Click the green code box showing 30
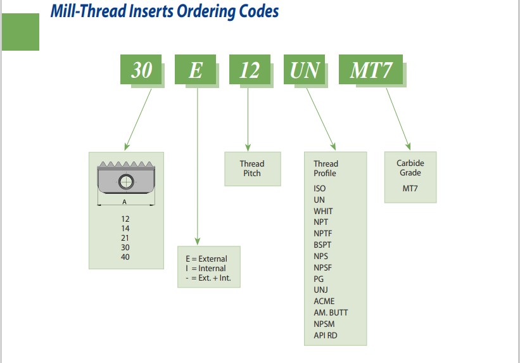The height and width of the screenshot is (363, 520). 141,69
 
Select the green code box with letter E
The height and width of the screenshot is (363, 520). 195,69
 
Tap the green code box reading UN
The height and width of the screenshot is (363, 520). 304,69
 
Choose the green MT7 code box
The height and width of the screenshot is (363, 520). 371,69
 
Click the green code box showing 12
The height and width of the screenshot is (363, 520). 250,69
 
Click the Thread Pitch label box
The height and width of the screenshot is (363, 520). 253,169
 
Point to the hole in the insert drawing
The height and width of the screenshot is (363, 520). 126,182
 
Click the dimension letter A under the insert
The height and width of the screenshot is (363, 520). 124,201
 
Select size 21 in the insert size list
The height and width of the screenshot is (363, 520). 125,238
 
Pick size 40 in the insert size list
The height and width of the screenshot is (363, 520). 125,257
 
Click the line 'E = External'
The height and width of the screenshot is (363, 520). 206,259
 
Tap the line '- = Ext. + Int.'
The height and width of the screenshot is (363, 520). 208,278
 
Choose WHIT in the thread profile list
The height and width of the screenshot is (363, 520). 323,212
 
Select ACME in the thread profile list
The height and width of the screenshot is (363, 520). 324,302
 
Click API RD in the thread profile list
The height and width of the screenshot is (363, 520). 326,336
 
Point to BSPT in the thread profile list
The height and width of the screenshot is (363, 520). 322,245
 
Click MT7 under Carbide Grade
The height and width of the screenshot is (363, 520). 410,188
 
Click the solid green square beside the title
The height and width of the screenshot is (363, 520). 20,32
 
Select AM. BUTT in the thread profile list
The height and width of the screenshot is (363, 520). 331,312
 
